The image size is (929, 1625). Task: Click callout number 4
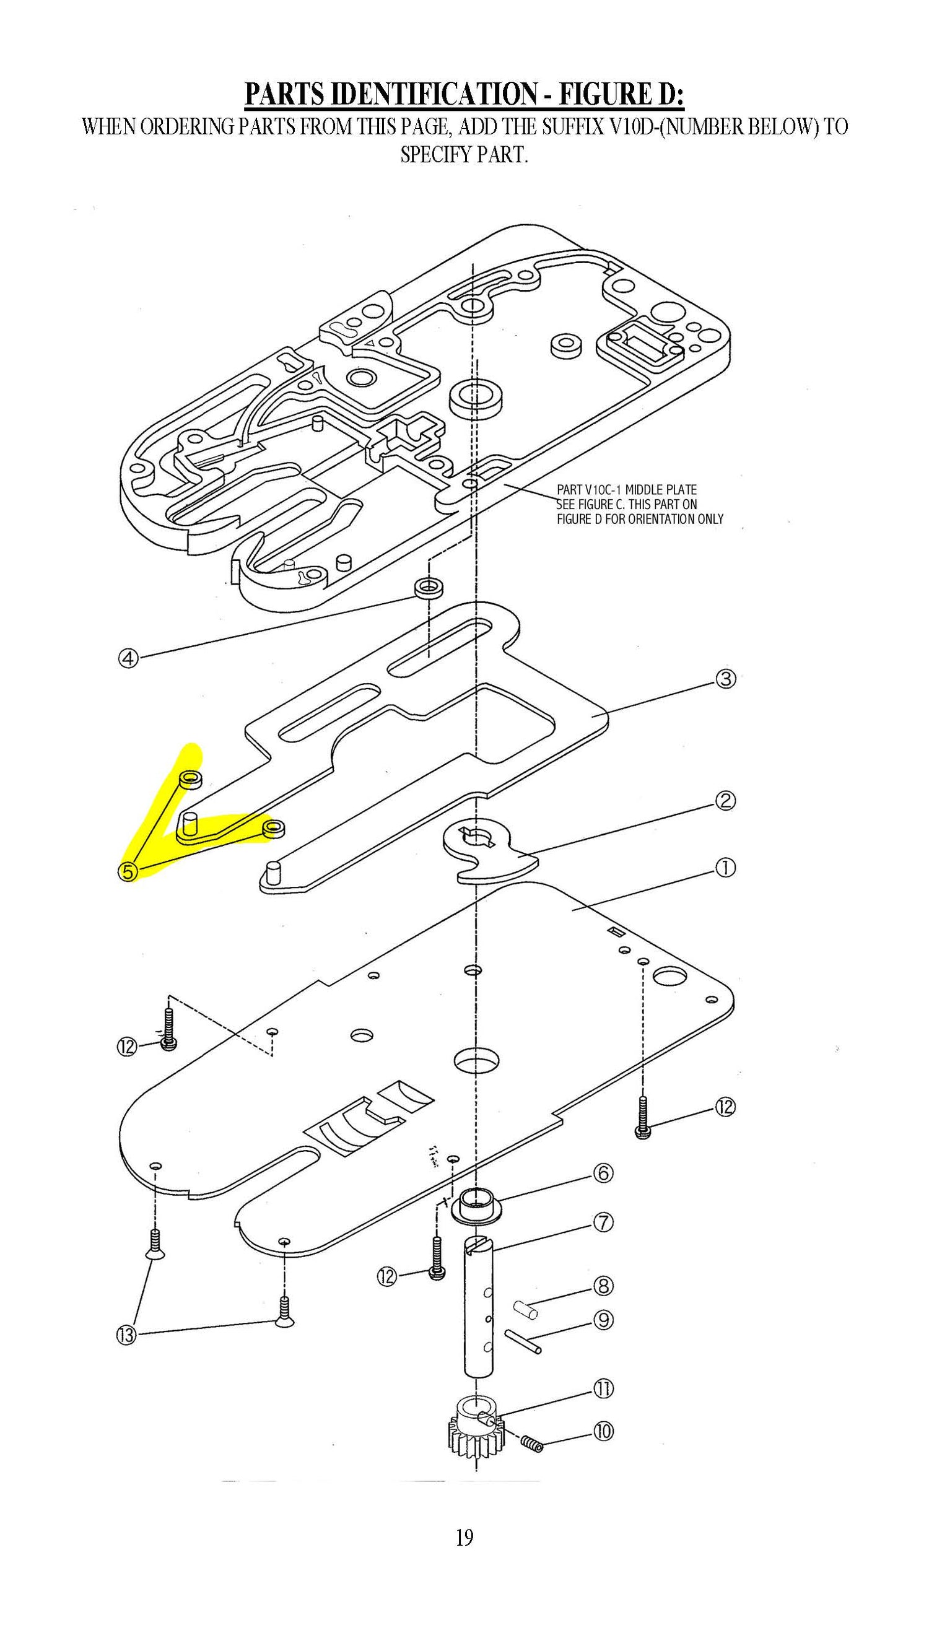[128, 657]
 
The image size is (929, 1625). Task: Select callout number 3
[726, 679]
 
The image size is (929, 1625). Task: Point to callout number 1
[726, 867]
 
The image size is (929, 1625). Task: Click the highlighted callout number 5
[128, 871]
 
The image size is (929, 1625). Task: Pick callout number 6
[604, 1173]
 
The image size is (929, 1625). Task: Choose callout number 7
[604, 1222]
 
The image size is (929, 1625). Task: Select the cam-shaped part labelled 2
[488, 852]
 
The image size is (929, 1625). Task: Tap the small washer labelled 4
[429, 588]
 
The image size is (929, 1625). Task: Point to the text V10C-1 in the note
[603, 490]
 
